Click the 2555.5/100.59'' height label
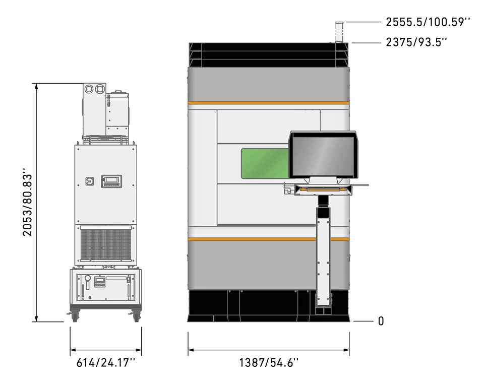pos(428,22)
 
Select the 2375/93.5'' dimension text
pos(416,42)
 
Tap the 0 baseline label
pos(381,321)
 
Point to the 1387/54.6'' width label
pos(269,362)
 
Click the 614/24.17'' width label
pos(106,362)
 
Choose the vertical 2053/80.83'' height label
pos(27,202)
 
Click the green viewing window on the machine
pos(265,164)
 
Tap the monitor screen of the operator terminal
pos(323,157)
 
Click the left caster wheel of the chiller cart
pos(75,316)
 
